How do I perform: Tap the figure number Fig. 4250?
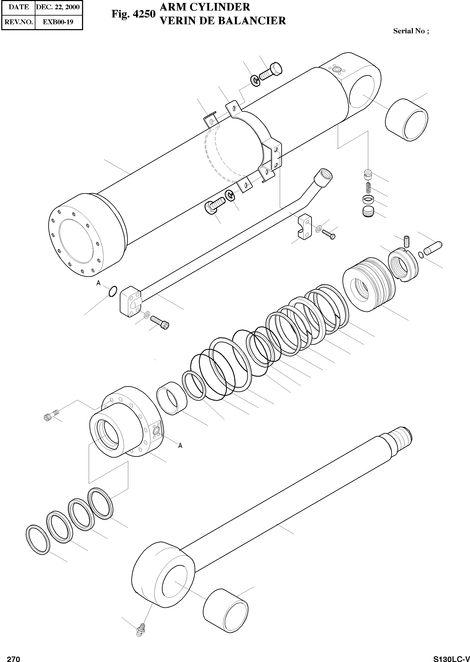pos(134,14)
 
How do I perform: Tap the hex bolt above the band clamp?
pos(270,72)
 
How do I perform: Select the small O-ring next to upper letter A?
pos(113,291)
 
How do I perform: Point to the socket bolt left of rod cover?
pos(51,416)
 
